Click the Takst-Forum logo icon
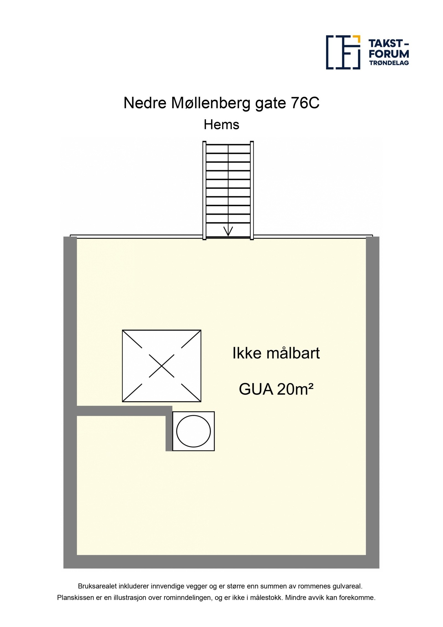pos(343,52)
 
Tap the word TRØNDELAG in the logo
pos(389,63)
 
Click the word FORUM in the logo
pos(389,53)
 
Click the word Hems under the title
pos(221,125)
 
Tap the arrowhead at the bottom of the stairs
pos(228,232)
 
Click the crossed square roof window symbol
pos(161,366)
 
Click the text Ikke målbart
pos(276,354)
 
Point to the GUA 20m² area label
pos(276,389)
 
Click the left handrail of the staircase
pos(204,191)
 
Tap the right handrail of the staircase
pos(252,191)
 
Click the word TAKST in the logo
pos(387,44)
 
